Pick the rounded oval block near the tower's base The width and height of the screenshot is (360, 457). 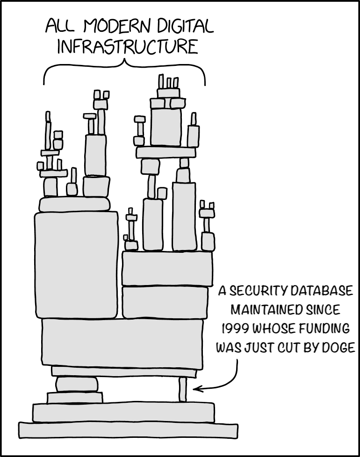coord(77,384)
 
